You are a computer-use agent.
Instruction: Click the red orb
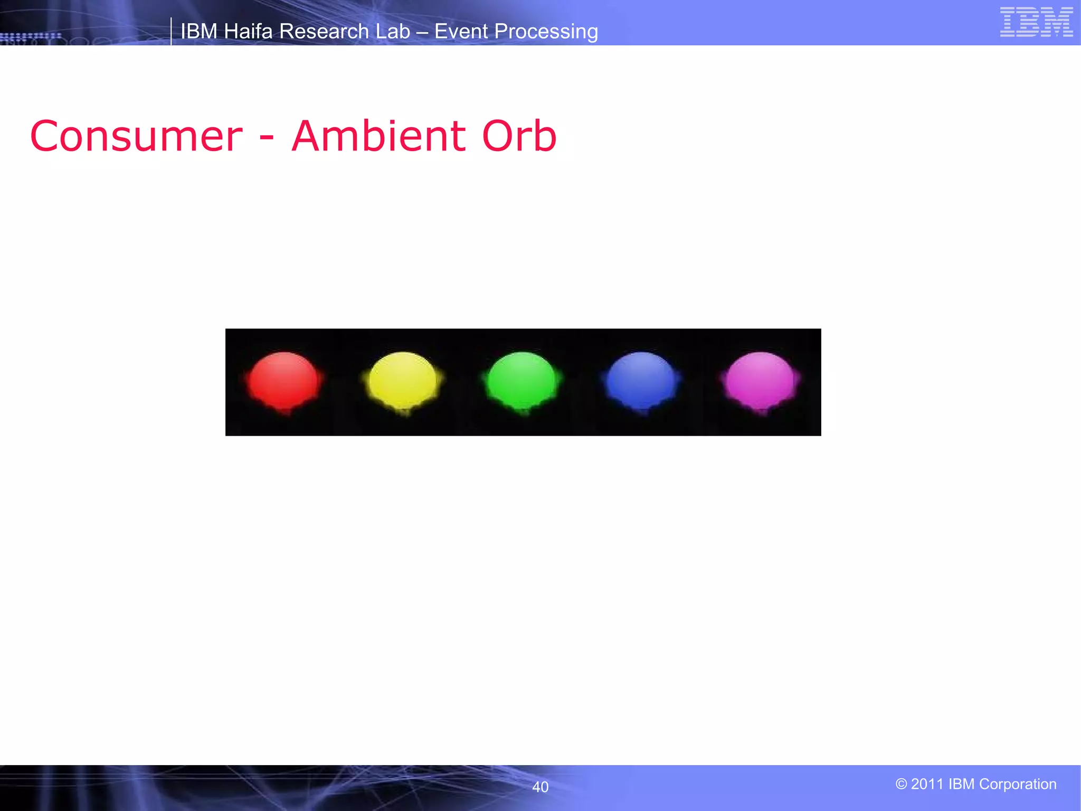click(283, 380)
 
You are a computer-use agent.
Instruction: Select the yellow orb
click(403, 380)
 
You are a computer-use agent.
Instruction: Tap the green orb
click(522, 380)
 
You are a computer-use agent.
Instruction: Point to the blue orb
click(641, 380)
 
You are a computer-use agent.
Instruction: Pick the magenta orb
click(761, 380)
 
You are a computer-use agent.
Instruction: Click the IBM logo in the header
click(1036, 22)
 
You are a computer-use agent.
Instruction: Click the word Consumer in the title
click(136, 136)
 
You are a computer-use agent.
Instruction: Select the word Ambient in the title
click(378, 136)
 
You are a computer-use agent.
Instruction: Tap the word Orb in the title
click(519, 136)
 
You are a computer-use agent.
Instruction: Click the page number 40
click(540, 787)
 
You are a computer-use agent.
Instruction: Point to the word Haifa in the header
click(248, 31)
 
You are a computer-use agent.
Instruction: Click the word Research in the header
click(324, 31)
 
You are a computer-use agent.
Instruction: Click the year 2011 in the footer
click(927, 784)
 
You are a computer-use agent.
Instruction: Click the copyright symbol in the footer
click(901, 784)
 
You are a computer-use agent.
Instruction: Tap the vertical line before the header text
click(171, 31)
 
